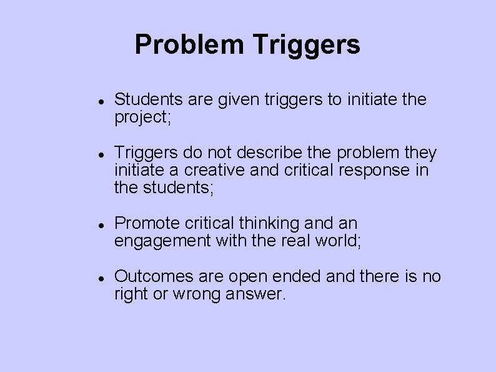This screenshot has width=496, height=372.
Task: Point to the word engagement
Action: [162, 241]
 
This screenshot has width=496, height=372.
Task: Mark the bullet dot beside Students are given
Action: [100, 100]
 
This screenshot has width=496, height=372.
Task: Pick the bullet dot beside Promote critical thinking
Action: [100, 224]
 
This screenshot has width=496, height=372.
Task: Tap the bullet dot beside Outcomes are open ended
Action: [100, 277]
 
